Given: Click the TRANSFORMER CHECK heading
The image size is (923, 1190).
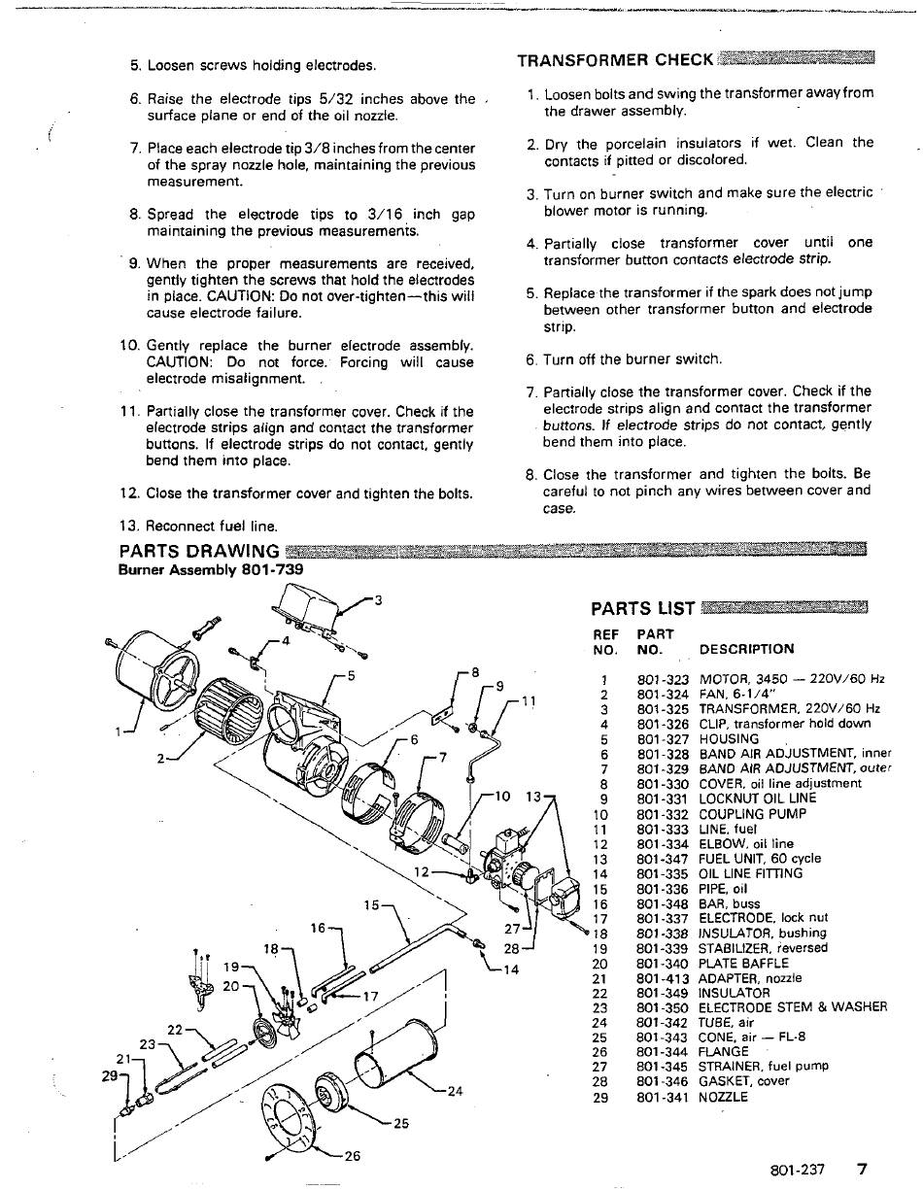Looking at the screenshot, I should [x=615, y=60].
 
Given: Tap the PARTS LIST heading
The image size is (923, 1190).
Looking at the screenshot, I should [x=642, y=609].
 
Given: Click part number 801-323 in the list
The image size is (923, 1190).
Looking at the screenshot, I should [x=663, y=680].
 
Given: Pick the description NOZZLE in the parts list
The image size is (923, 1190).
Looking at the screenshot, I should [x=724, y=1097].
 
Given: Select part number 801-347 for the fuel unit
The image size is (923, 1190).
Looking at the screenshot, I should [x=663, y=859].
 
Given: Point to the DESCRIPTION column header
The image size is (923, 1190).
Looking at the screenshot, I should [x=745, y=649].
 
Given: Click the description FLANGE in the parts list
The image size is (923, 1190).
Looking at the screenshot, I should [x=724, y=1051].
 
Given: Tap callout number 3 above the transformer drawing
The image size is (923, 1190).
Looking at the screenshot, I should [x=378, y=599].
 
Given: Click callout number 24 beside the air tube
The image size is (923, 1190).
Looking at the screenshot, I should [x=455, y=1089].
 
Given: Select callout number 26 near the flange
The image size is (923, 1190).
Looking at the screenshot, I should [x=352, y=1156].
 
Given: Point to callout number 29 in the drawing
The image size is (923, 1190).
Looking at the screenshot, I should [x=110, y=1076].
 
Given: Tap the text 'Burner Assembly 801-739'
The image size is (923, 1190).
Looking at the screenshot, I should [x=210, y=569].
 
